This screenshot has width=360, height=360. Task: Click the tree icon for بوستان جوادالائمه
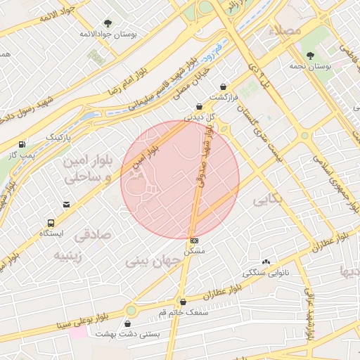[x=107, y=23]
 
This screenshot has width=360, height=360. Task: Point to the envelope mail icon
[x=66, y=205]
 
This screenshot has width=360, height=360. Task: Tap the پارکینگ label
[x=59, y=136]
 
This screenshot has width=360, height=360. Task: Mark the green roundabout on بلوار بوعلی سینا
[x=131, y=310]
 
